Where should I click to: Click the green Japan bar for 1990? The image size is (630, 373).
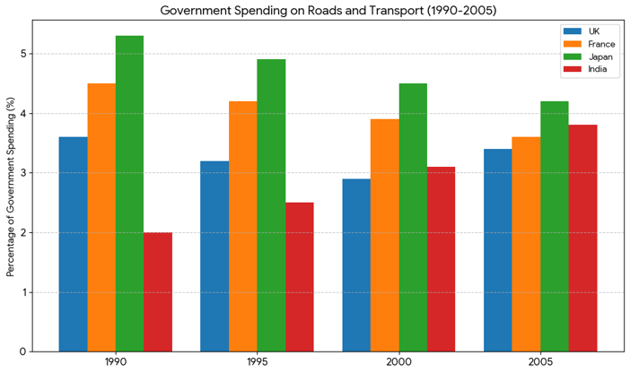click(129, 194)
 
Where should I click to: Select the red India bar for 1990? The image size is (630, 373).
click(158, 291)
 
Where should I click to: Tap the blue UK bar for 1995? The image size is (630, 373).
click(214, 256)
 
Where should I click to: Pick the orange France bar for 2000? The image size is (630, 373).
click(384, 235)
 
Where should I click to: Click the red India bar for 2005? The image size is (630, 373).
click(582, 238)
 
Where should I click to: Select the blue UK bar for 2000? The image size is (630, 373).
click(356, 265)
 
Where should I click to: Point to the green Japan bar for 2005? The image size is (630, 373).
click(554, 226)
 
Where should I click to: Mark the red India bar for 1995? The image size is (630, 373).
click(300, 276)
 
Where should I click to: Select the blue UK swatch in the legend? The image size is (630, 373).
click(572, 31)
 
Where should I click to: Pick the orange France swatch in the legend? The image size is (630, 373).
click(572, 44)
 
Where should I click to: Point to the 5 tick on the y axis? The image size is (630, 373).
click(31, 54)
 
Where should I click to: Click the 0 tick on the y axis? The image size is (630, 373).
click(31, 351)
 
